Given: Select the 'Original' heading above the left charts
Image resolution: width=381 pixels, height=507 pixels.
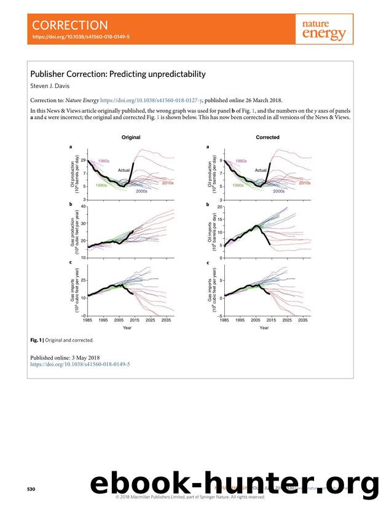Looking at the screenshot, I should [x=131, y=137].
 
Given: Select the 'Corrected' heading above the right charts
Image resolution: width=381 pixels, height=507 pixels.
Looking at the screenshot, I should [x=267, y=137].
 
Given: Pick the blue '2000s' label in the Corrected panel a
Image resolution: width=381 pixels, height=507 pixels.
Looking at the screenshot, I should [x=278, y=191].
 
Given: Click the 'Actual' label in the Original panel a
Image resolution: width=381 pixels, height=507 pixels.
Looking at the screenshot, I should [x=124, y=169].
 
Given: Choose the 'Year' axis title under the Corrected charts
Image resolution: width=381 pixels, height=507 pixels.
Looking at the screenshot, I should [x=264, y=327].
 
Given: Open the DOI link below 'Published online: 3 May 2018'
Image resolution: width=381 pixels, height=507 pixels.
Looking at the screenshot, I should [x=80, y=364].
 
